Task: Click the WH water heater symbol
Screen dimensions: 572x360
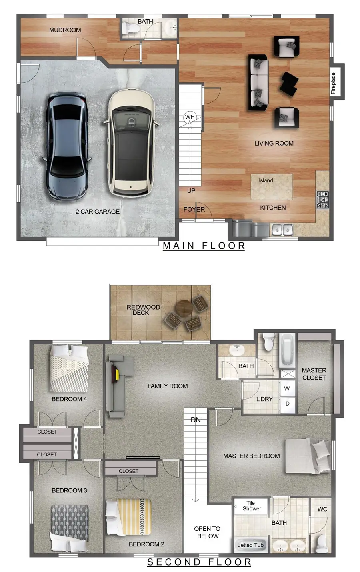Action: [190, 117]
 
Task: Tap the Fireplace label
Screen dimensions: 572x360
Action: [333, 83]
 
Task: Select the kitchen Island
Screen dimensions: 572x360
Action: [272, 186]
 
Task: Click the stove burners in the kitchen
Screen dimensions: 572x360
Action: [322, 200]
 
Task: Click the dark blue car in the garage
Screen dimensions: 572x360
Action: [67, 146]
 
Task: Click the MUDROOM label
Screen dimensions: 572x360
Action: [65, 30]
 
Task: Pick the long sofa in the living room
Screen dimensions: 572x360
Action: [259, 83]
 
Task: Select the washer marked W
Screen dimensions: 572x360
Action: [287, 388]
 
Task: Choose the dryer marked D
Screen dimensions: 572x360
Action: [287, 404]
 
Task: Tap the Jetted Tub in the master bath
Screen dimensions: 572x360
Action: [250, 545]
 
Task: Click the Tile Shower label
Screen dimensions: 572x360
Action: [251, 506]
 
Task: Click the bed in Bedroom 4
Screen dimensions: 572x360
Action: [69, 368]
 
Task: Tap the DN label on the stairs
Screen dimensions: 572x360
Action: [196, 420]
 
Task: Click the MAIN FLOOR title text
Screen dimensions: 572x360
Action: [204, 246]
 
